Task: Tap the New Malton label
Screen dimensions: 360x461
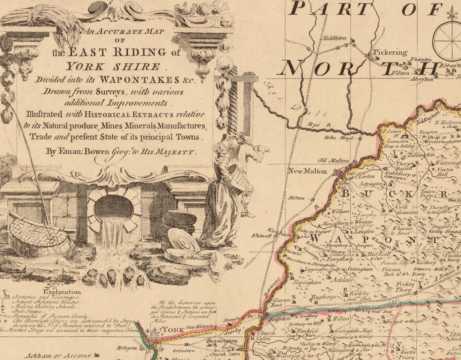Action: [x=308, y=171]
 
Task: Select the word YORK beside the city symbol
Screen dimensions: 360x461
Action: [x=173, y=330]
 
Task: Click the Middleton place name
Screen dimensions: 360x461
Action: [x=335, y=38]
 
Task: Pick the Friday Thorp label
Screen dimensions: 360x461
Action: [x=405, y=287]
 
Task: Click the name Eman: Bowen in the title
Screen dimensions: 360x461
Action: [x=78, y=152]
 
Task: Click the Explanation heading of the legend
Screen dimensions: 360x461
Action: [x=62, y=292]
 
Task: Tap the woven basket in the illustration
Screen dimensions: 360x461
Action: [x=41, y=234]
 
